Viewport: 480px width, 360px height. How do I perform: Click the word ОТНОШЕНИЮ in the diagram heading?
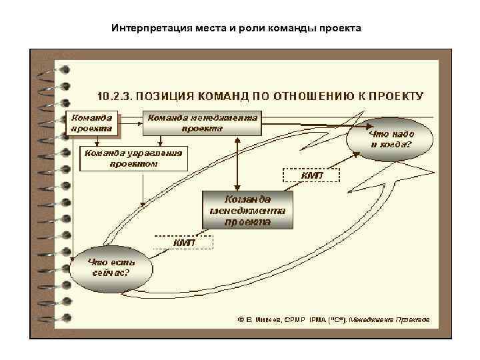pos(318,95)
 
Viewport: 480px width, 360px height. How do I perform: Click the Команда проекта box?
pos(93,123)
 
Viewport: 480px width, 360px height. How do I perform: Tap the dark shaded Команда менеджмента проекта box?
pos(247,210)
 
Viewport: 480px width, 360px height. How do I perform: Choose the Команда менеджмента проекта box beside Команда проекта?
pos(203,123)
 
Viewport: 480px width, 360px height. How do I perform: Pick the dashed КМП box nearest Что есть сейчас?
pos(185,243)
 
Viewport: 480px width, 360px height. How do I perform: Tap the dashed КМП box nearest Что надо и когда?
pos(312,175)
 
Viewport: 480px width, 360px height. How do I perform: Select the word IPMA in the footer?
pos(317,319)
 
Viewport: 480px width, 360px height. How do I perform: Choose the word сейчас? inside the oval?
pos(111,273)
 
